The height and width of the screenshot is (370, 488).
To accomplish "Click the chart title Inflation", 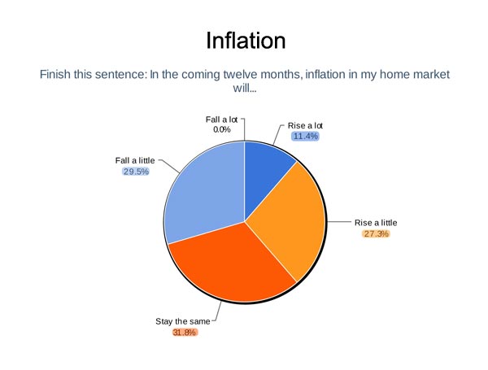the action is pos(246,41).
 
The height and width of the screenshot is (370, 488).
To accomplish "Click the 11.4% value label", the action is pos(305,137).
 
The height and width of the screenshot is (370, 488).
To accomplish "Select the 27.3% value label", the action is pos(376,233).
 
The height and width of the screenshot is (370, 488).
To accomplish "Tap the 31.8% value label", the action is pos(185,333).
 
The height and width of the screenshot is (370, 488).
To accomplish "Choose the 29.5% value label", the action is pos(136,172).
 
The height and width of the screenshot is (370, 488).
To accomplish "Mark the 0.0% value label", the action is pos(221,129).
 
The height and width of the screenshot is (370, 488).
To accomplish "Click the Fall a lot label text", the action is pos(221,120).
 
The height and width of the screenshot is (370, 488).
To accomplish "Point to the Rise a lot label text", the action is pos(305,126).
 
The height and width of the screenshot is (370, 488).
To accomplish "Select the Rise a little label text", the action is pos(376,223).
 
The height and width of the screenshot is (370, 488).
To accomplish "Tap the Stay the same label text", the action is pos(183,321).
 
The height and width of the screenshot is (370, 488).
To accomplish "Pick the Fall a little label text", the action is pos(135,160).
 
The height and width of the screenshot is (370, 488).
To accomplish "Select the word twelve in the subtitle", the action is pos(240,75).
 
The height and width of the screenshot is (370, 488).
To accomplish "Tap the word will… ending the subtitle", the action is pos(245,89).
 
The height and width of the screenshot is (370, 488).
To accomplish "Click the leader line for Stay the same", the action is pos(217,312).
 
